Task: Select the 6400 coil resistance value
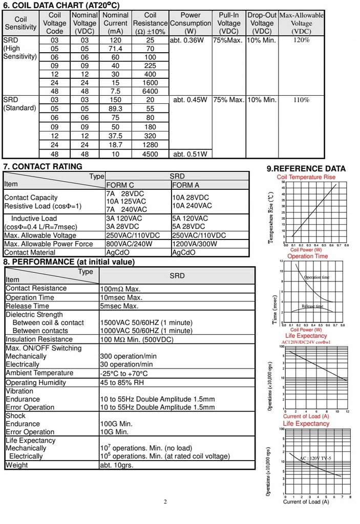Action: pos(150,91)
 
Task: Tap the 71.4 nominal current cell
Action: pos(115,49)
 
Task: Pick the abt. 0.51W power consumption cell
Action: pos(190,154)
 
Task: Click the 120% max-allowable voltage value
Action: pos(302,40)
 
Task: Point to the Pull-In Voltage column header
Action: pos(229,23)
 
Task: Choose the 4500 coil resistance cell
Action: pos(150,154)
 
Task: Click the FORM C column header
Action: pos(120,185)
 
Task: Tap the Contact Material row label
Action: pos(30,252)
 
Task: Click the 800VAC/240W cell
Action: pos(130,244)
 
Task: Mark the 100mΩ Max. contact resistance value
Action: pos(120,289)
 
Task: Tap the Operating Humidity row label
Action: pos(36,382)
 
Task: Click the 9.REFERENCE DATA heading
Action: pos(306,168)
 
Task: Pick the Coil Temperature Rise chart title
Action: pos(306,177)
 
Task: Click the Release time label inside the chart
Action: pos(312,306)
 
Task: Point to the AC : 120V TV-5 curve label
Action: pos(315,458)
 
